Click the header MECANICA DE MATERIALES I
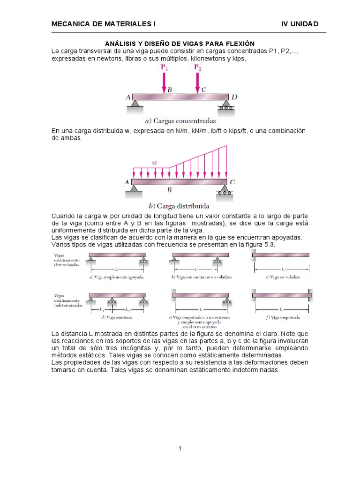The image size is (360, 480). coord(103,24)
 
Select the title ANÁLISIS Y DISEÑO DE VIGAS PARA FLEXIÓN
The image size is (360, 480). coord(180,43)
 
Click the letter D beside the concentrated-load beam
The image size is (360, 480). coord(234,97)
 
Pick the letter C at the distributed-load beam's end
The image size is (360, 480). coord(233,182)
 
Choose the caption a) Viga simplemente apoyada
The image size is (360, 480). coord(116,277)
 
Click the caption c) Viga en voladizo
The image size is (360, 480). coord(283,277)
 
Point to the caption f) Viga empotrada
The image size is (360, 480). coord(283,317)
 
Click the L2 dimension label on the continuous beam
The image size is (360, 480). coord(127,310)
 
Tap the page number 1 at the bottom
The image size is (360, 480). coord(180,449)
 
